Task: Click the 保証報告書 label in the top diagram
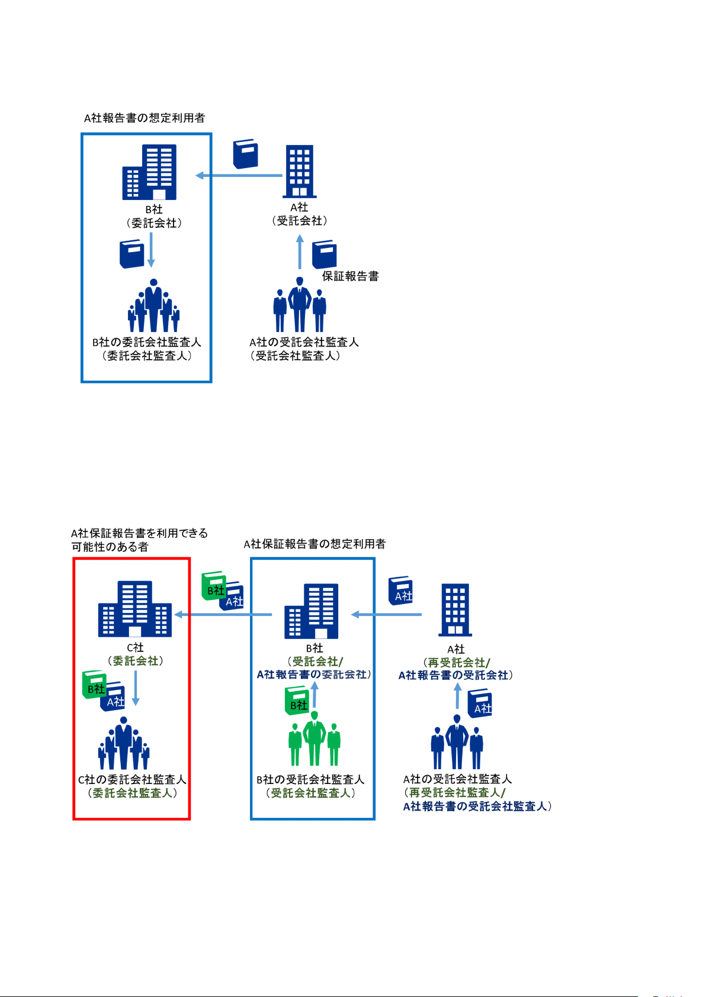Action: (x=350, y=276)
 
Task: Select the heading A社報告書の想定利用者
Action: (x=145, y=118)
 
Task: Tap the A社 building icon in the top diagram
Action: (x=299, y=171)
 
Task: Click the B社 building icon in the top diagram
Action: (x=150, y=172)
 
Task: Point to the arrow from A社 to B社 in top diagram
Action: (x=239, y=175)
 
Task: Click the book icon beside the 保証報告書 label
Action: (x=324, y=254)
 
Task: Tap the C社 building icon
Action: (x=135, y=609)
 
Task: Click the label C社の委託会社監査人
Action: (x=132, y=780)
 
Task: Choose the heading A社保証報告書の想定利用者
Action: (x=315, y=544)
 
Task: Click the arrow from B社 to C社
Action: (x=223, y=615)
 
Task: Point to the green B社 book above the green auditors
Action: (x=297, y=701)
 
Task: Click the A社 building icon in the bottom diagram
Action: (x=455, y=610)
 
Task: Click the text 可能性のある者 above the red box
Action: (x=110, y=547)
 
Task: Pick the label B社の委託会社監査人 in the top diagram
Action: (x=147, y=343)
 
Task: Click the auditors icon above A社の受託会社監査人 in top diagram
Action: (x=300, y=305)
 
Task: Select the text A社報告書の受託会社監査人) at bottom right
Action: (x=477, y=806)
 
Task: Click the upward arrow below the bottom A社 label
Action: (x=457, y=696)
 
